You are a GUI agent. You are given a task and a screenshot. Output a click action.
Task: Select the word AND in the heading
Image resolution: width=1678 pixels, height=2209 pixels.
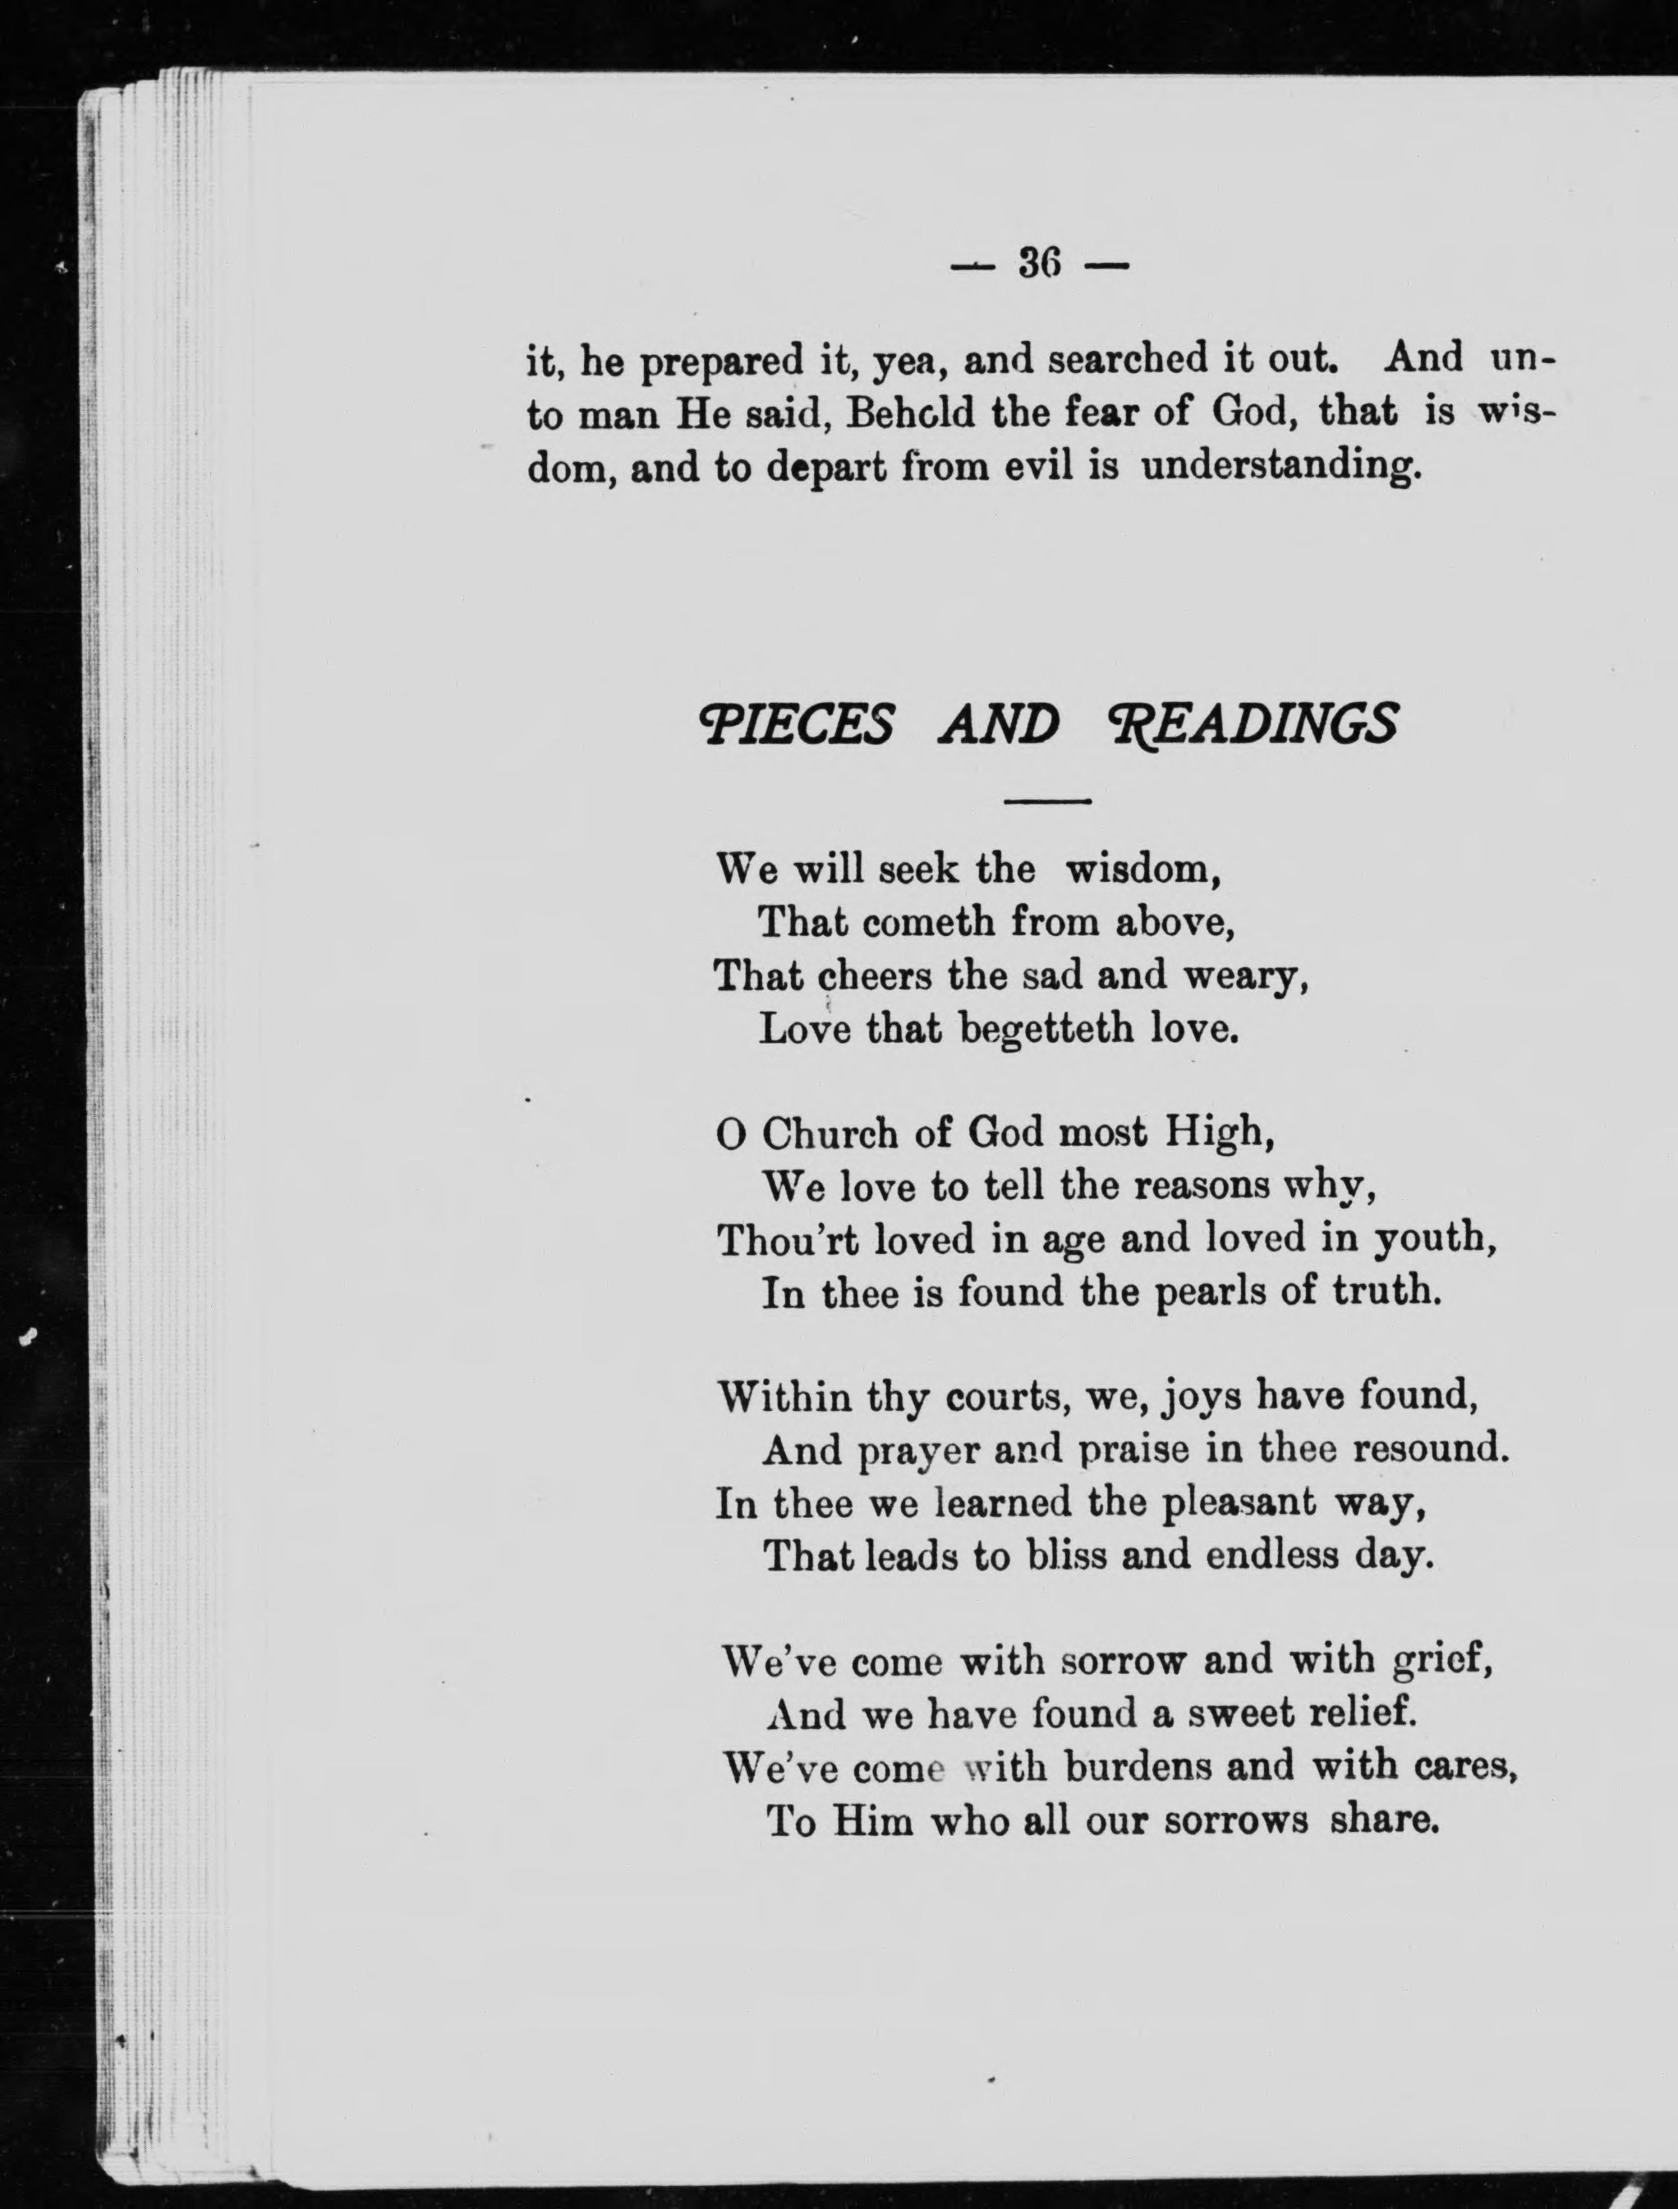pyautogui.click(x=998, y=724)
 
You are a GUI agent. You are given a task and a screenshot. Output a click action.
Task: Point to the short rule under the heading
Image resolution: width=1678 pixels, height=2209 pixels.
pyautogui.click(x=1046, y=800)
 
